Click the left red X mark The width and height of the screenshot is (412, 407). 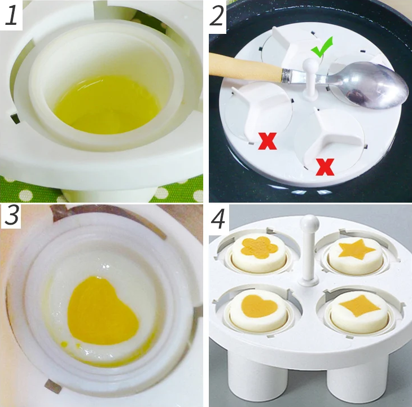pos(267,140)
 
